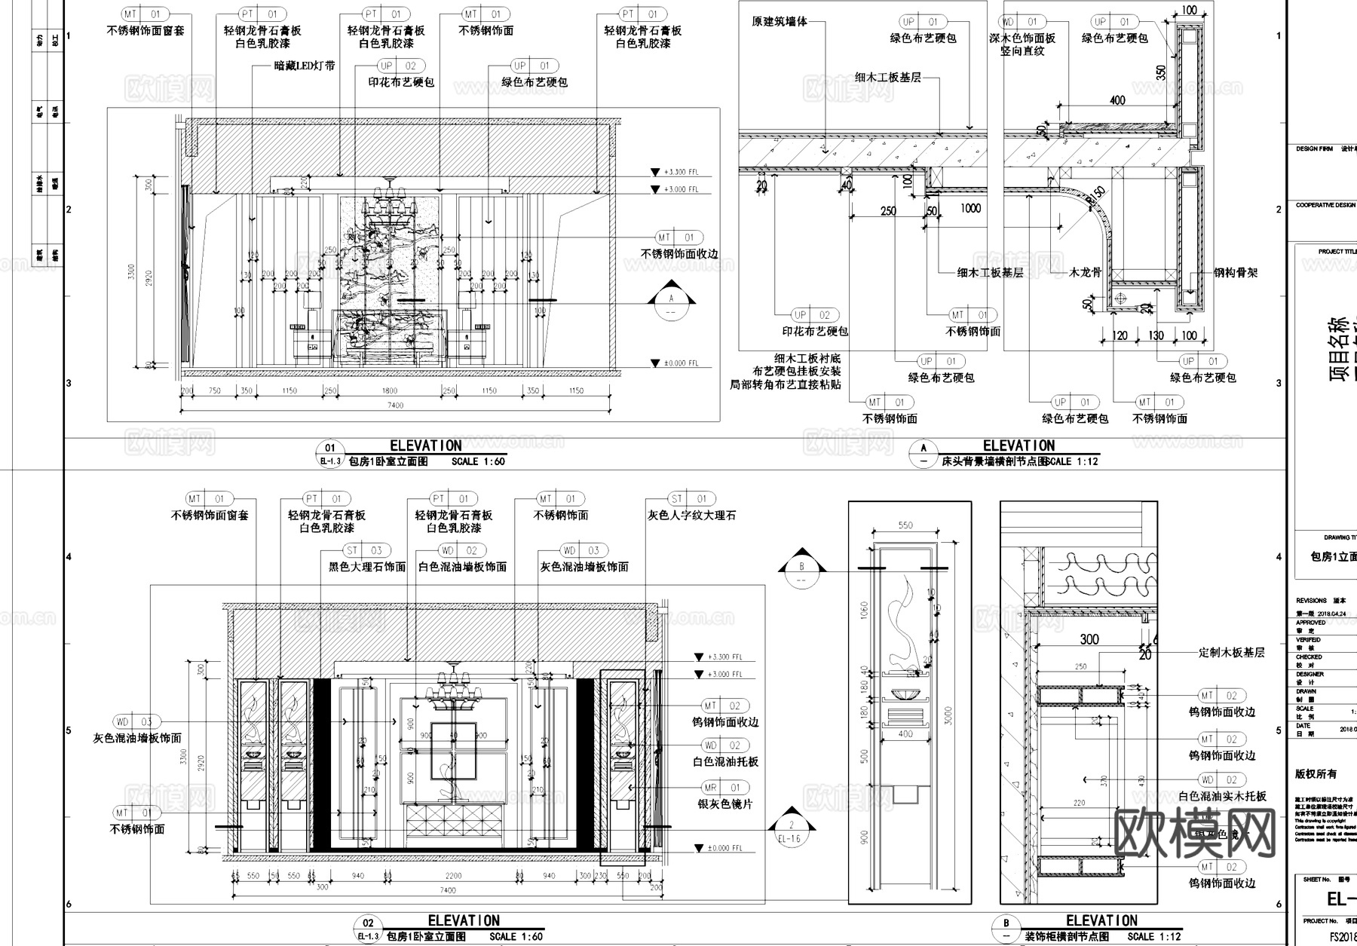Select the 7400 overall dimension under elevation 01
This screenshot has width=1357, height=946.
395,406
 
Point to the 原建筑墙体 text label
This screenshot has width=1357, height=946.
779,22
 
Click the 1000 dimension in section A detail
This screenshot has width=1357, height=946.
970,208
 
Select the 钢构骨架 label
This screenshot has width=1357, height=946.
1235,273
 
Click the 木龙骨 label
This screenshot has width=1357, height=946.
1086,273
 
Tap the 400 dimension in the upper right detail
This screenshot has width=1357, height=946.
1117,100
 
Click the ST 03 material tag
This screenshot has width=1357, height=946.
364,550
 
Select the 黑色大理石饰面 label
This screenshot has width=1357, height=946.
367,567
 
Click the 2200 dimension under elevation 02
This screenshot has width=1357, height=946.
452,876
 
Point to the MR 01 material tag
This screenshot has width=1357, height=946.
722,788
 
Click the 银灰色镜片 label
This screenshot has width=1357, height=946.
724,804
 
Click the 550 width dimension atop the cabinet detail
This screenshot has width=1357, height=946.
905,525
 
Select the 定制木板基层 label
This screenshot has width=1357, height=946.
1231,653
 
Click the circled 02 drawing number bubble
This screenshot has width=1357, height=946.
368,923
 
